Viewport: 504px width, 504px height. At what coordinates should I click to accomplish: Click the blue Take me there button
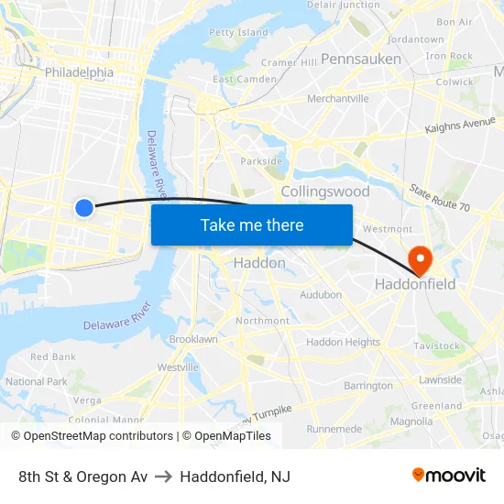[x=252, y=225]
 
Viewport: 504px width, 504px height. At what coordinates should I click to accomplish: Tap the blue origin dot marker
[x=83, y=208]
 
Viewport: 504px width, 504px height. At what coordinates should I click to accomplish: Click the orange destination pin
[x=420, y=260]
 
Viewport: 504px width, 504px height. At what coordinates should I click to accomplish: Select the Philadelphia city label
[x=79, y=72]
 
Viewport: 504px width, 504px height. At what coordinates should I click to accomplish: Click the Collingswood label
[x=325, y=192]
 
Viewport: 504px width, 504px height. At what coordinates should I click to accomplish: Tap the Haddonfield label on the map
[x=415, y=285]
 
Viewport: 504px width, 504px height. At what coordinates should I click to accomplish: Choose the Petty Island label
[x=238, y=32]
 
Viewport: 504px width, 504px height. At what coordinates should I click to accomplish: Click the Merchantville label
[x=338, y=98]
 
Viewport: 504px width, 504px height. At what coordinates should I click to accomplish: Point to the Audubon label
[x=321, y=295]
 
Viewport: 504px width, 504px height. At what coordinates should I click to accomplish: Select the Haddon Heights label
[x=343, y=342]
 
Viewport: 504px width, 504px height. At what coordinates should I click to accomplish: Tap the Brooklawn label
[x=193, y=339]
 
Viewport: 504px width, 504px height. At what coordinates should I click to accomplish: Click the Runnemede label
[x=334, y=428]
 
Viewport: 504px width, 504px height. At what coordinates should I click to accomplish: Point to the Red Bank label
[x=53, y=356]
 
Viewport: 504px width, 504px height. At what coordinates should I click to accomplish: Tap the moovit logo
[x=449, y=475]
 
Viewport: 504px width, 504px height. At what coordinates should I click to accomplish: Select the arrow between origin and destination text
[x=163, y=477]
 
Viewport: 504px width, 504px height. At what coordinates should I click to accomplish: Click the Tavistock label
[x=436, y=346]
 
